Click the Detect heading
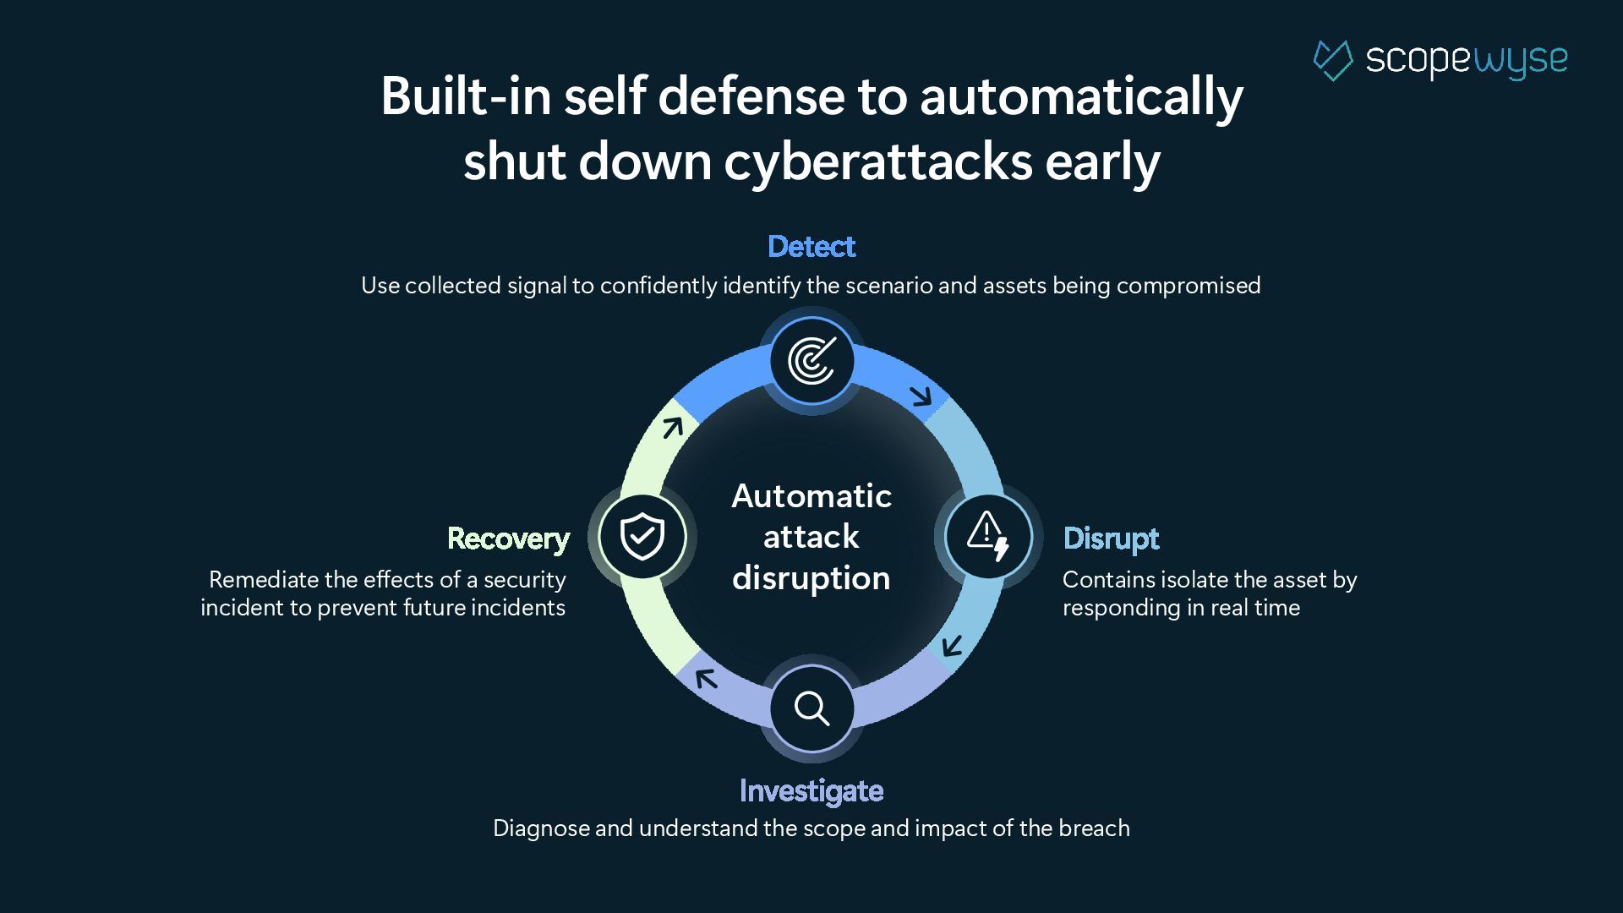pos(811,247)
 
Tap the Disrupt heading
pos(1111,539)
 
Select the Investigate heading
pos(811,791)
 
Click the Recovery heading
pos(508,539)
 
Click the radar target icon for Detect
pos(811,361)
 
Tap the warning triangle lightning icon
pos(987,536)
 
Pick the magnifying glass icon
pos(811,708)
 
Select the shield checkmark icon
pos(642,536)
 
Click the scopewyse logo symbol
pos(1333,60)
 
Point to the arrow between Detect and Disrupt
pos(921,395)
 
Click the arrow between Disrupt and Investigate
pos(953,647)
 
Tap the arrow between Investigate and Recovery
pos(706,677)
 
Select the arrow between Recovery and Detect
pos(672,428)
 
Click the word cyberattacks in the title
pos(877,161)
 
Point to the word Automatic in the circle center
pos(811,496)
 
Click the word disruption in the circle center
pos(811,578)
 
